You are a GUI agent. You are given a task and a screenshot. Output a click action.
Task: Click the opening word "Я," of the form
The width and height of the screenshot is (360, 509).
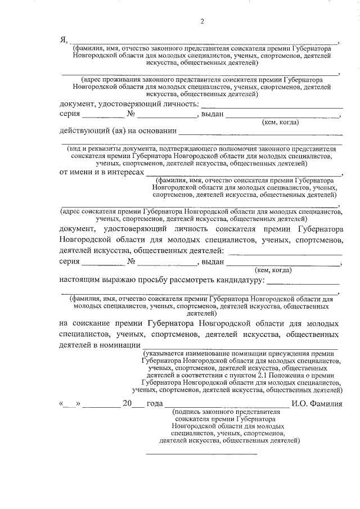[64, 39]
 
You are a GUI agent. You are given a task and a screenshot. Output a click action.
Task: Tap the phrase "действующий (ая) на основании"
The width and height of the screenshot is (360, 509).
[118, 131]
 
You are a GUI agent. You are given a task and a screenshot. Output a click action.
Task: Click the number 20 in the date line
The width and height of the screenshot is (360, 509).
[127, 404]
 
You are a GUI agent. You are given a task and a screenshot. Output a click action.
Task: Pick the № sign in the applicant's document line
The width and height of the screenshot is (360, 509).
[132, 262]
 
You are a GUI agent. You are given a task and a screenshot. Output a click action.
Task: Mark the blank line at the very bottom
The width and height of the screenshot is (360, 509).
[201, 453]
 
